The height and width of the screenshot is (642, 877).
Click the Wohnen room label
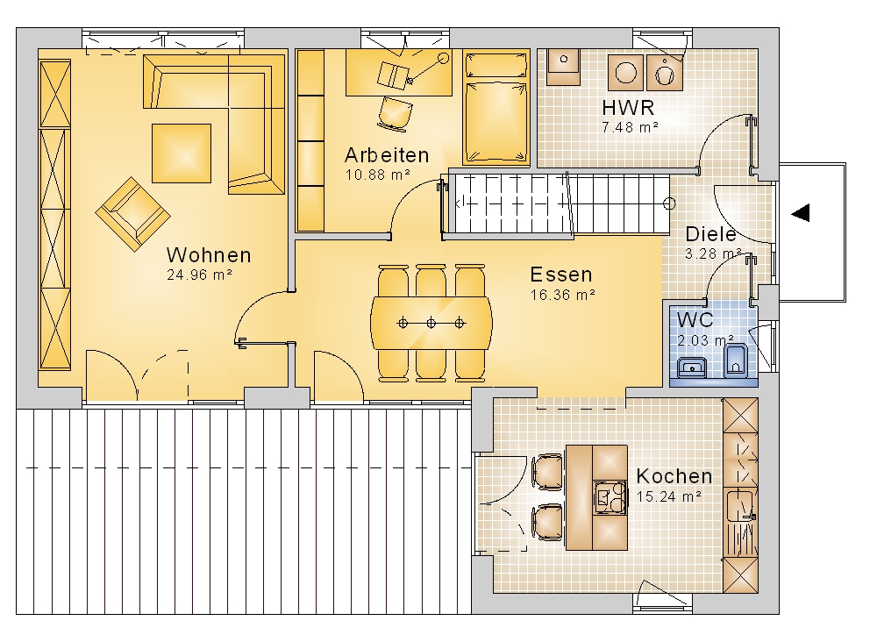[209, 255]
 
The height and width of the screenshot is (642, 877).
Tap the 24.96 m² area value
[199, 275]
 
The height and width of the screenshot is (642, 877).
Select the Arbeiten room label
[387, 155]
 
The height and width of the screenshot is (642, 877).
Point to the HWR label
[628, 107]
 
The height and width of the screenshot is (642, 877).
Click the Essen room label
[561, 275]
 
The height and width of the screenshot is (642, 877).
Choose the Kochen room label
[674, 476]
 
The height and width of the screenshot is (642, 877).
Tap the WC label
[695, 320]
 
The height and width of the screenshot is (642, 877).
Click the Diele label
[710, 234]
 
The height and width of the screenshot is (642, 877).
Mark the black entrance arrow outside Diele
[801, 212]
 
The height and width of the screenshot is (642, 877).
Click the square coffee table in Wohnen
[182, 153]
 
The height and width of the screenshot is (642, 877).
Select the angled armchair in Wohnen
[133, 214]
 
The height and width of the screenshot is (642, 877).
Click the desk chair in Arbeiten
[396, 114]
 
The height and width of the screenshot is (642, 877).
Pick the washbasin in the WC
[693, 368]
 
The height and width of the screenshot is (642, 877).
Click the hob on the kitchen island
[610, 497]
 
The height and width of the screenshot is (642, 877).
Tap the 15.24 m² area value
[669, 496]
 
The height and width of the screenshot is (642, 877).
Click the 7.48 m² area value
[630, 127]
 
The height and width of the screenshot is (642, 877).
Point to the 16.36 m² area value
[563, 295]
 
